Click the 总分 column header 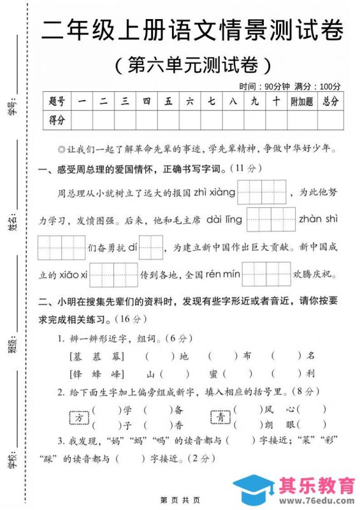pos(330,101)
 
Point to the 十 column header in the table pos(276,101)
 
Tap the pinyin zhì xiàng pos(214,192)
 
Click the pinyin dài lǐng pos(225,219)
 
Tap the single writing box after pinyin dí pos(151,247)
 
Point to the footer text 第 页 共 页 pos(180,500)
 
